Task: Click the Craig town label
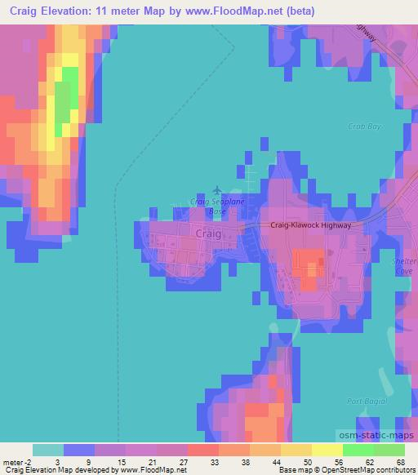pos(209,233)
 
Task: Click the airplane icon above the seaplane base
pos(216,189)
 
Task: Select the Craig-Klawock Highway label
pos(310,225)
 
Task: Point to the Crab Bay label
pos(365,127)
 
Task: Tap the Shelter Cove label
pos(405,267)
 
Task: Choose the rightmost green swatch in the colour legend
pos(389,450)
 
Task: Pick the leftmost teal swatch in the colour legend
pos(48,450)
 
